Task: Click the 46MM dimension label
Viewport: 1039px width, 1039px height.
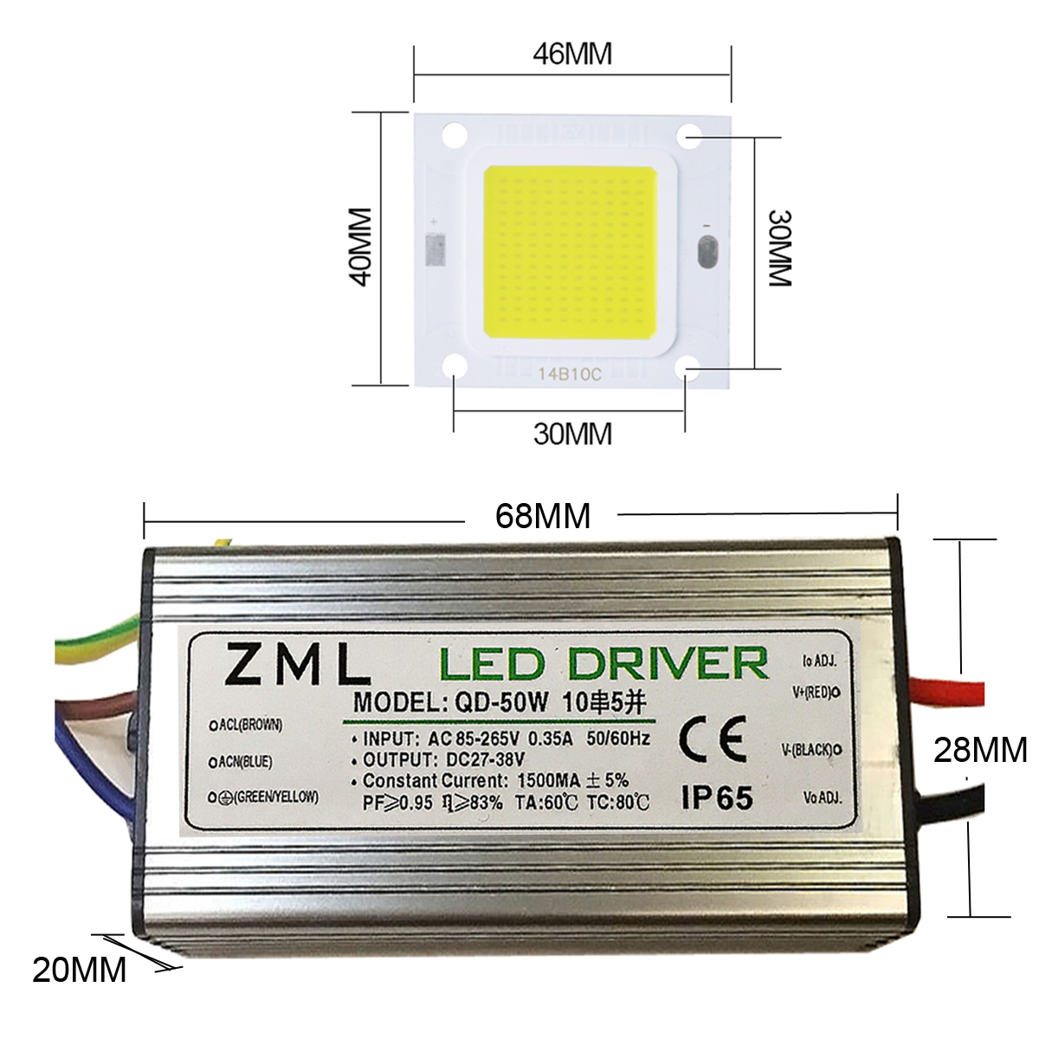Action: click(x=572, y=54)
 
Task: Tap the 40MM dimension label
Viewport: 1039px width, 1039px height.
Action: click(x=359, y=246)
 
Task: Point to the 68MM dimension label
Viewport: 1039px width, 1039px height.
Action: click(x=543, y=516)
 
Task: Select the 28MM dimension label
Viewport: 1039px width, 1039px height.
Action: click(x=980, y=750)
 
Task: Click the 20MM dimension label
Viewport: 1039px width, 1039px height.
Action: click(x=80, y=970)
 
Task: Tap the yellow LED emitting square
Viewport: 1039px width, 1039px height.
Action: click(x=570, y=252)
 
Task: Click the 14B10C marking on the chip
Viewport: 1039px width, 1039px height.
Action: click(x=569, y=374)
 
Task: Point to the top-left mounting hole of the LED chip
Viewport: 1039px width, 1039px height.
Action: click(x=454, y=134)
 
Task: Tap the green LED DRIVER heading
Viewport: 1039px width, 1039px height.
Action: click(x=603, y=664)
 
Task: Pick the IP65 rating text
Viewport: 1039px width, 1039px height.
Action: click(x=716, y=797)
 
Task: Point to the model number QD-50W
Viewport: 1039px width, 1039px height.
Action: click(x=500, y=701)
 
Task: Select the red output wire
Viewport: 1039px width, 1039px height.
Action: click(x=952, y=693)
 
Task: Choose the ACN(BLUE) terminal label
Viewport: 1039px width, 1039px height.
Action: click(x=245, y=762)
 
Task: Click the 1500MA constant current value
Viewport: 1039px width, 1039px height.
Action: click(x=548, y=780)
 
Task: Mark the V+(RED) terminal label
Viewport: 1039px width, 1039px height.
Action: click(x=812, y=692)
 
